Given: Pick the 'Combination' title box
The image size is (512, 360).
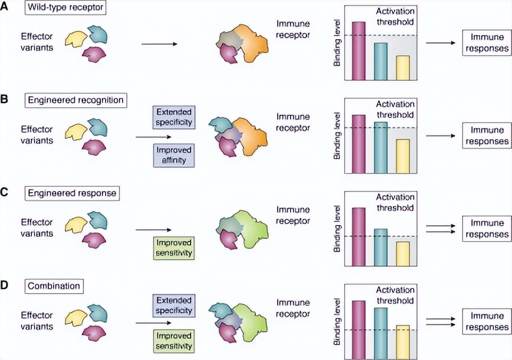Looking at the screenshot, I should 53,286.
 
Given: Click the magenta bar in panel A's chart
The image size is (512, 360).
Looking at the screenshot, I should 359,50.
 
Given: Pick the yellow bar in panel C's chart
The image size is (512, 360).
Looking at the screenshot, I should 402,253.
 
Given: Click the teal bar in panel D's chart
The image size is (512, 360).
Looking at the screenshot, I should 380,332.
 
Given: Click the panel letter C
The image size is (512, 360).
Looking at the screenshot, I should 5,193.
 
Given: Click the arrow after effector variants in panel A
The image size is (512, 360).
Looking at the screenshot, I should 159,44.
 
